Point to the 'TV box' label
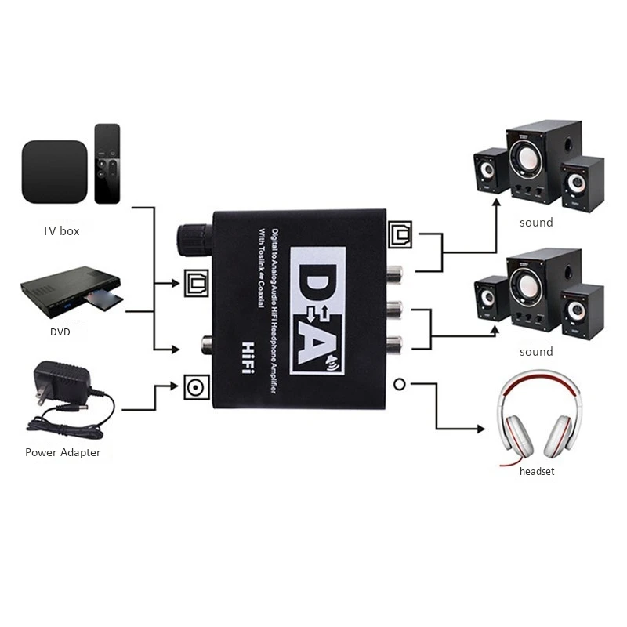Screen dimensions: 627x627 60,231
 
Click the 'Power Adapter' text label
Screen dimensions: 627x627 63,452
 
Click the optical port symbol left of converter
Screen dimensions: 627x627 194,283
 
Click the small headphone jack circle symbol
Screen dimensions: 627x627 400,384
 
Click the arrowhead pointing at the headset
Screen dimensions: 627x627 481,429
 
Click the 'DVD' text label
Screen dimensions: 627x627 60,332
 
